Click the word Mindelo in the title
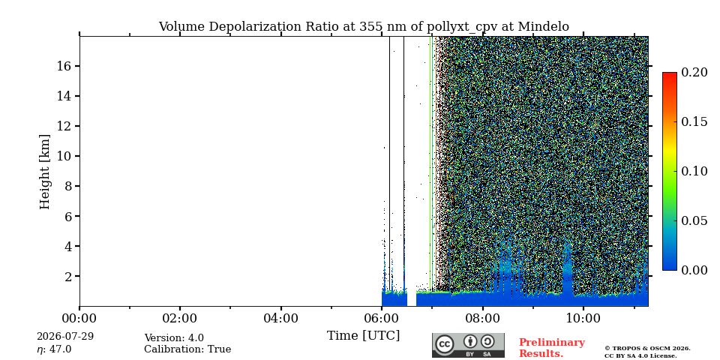pyautogui.click(x=544, y=27)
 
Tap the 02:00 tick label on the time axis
pyautogui.click(x=179, y=318)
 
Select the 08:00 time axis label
pyautogui.click(x=482, y=318)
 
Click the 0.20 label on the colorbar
pyautogui.click(x=694, y=72)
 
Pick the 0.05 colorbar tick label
pyautogui.click(x=694, y=220)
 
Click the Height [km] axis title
pyautogui.click(x=44, y=172)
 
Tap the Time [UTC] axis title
pyautogui.click(x=363, y=336)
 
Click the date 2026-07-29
pyautogui.click(x=65, y=337)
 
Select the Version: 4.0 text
pyautogui.click(x=174, y=338)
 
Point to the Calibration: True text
pyautogui.click(x=187, y=349)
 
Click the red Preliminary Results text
pyautogui.click(x=552, y=348)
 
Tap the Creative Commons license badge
pyautogui.click(x=468, y=345)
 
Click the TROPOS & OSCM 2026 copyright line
pyautogui.click(x=647, y=349)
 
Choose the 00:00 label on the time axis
pyautogui.click(x=79, y=318)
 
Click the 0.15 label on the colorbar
pyautogui.click(x=694, y=121)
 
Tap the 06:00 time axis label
pyautogui.click(x=382, y=318)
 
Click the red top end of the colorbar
pyautogui.click(x=670, y=73)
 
